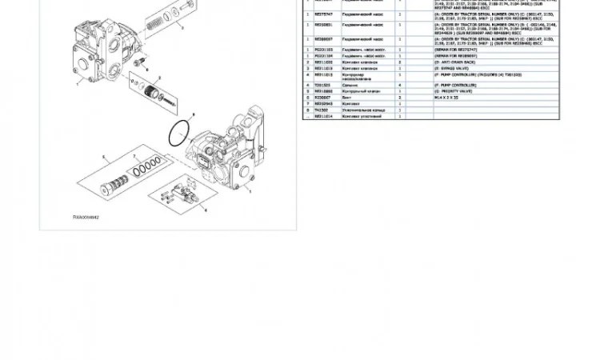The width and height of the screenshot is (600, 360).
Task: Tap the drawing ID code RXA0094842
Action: click(86, 216)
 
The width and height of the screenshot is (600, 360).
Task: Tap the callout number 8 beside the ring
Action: click(192, 114)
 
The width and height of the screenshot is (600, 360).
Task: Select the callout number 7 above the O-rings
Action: click(134, 157)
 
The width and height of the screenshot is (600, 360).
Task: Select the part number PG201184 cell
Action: click(324, 55)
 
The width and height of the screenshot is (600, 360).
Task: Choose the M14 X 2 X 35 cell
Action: click(446, 98)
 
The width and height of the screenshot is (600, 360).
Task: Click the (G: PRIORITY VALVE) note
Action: click(452, 91)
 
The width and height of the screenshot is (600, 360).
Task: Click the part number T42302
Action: click(321, 110)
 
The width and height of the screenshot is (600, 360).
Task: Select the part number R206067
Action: click(322, 98)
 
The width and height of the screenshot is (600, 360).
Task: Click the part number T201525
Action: click(322, 85)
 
